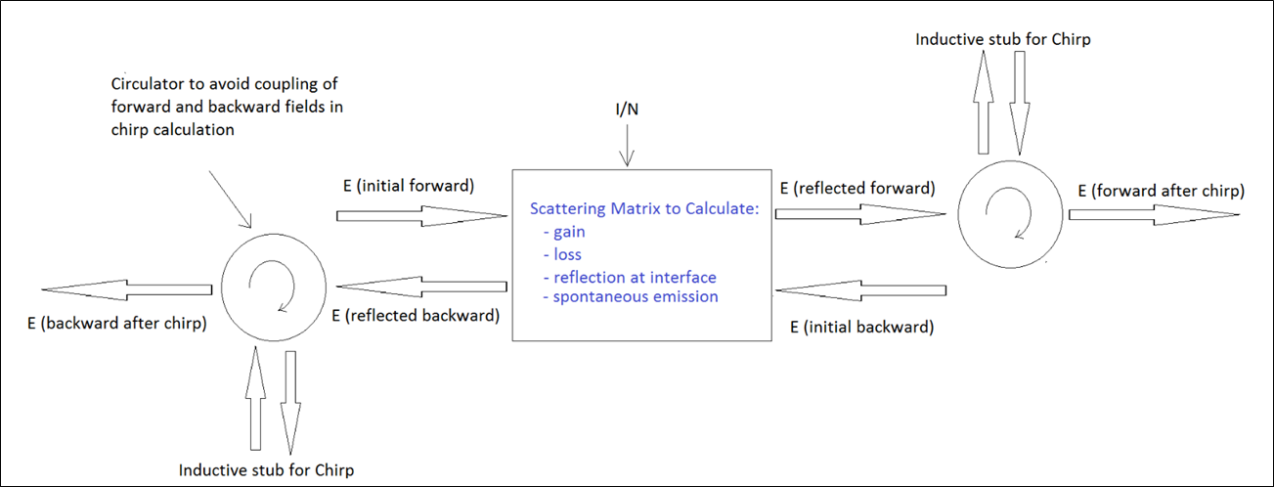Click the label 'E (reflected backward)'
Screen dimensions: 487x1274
pyautogui.click(x=416, y=316)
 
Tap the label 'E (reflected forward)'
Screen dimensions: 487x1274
pyautogui.click(x=857, y=187)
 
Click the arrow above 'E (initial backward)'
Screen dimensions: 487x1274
pyautogui.click(x=860, y=290)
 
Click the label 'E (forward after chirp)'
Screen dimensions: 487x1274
pyautogui.click(x=1161, y=191)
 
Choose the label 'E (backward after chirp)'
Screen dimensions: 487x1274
pyautogui.click(x=116, y=323)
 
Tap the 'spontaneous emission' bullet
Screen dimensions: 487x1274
pyautogui.click(x=633, y=296)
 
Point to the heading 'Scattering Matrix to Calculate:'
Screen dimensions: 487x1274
pyautogui.click(x=643, y=209)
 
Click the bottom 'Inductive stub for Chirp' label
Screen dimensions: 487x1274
pyautogui.click(x=267, y=469)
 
